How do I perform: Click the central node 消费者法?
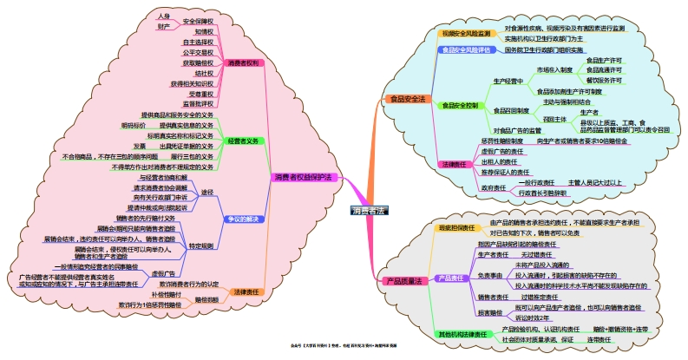(x=370, y=210)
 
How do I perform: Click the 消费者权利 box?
(x=242, y=63)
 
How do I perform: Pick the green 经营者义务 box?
(x=242, y=141)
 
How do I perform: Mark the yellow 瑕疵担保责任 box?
(x=456, y=228)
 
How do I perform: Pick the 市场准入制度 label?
(x=555, y=69)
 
